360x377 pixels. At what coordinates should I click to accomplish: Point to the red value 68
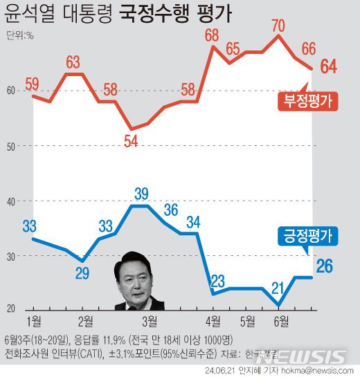tap(212, 33)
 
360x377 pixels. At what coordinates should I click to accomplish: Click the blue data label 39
tap(141, 193)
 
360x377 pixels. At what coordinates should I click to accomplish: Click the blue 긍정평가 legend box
tap(306, 236)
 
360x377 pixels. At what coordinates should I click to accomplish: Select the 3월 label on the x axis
tap(150, 321)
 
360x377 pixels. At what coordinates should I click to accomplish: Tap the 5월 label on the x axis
tap(247, 321)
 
